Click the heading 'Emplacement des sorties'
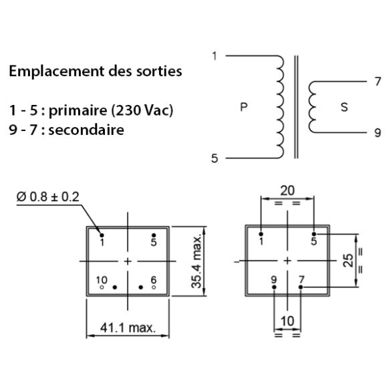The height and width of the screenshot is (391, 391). [95, 72]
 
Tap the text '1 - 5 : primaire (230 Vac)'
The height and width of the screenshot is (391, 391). [91, 110]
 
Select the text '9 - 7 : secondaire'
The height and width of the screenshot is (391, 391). [67, 130]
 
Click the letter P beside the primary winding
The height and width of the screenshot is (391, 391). [243, 108]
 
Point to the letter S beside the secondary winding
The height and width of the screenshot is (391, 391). [344, 108]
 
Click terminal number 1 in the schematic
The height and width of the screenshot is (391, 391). [214, 55]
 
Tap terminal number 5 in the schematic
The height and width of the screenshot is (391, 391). [214, 159]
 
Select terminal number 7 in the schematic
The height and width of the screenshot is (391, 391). [379, 82]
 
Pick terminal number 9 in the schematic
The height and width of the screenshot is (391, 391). [379, 132]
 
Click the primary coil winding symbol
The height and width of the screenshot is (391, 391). [280, 106]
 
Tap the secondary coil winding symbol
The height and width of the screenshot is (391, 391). [312, 107]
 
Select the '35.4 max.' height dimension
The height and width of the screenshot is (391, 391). [197, 261]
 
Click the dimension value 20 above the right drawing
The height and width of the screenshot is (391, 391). [287, 190]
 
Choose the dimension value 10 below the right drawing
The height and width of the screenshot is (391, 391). [287, 321]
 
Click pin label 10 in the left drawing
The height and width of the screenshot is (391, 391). [102, 279]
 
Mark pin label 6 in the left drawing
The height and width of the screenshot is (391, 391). [154, 279]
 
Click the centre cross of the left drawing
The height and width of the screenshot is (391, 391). [128, 260]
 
